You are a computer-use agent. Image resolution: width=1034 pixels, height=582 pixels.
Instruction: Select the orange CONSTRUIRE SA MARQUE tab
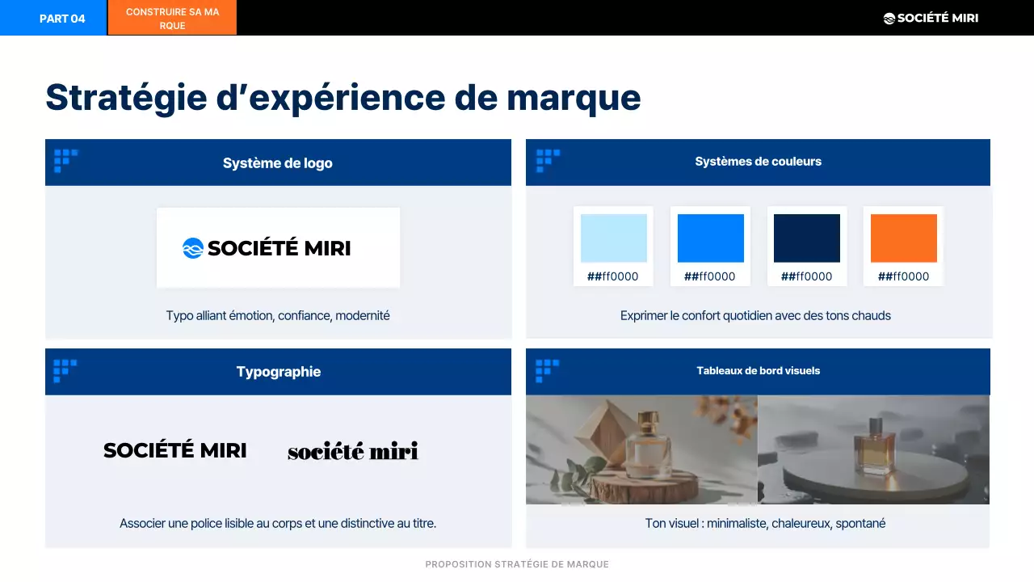[172, 18]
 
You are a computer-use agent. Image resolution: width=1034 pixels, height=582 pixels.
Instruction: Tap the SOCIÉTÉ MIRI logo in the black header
[931, 18]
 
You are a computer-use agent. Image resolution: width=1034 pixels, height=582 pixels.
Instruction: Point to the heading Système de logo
[277, 162]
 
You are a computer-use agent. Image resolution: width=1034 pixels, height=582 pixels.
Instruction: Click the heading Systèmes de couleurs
[758, 162]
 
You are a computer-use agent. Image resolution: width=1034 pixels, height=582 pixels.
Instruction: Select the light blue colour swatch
[613, 238]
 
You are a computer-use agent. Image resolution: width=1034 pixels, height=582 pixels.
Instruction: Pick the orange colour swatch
[903, 238]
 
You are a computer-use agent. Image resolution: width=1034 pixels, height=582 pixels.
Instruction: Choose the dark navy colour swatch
[806, 238]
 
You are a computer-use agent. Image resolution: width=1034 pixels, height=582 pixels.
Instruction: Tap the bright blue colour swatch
[710, 238]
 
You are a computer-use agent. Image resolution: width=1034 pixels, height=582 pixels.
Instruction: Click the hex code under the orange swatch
[903, 276]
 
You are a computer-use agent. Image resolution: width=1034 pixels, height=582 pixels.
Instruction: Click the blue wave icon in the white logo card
[192, 248]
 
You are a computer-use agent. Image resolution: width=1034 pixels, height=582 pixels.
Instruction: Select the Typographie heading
[278, 372]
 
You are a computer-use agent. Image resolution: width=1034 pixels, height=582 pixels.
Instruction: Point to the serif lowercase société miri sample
[353, 451]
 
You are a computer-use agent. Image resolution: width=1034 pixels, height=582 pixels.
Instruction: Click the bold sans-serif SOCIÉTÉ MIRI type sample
[174, 451]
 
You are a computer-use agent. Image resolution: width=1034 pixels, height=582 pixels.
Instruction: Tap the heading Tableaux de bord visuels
[758, 371]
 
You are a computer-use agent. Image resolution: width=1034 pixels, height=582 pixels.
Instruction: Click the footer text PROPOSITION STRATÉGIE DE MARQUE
[517, 564]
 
